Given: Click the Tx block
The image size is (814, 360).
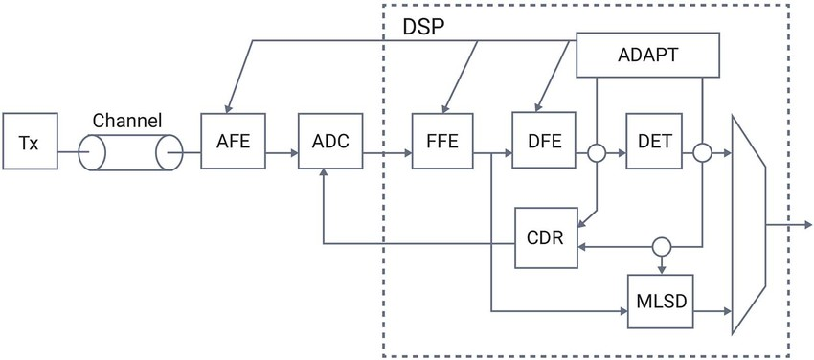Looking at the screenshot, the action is click(30, 141).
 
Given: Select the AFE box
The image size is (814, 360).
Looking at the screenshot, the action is click(233, 141).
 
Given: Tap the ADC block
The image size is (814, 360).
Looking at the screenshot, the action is click(330, 141).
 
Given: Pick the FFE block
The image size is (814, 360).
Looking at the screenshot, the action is click(442, 141).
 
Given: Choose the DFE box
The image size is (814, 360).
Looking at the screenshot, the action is click(544, 140).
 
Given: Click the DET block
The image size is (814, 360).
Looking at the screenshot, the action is click(656, 140).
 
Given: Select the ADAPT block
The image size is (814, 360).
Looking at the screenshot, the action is click(648, 55).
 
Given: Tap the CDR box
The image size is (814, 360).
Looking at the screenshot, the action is click(546, 237).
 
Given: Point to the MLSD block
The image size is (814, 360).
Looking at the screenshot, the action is click(662, 302).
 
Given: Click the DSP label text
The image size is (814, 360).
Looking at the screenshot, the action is click(424, 27).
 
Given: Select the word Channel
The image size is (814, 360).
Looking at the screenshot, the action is click(127, 121).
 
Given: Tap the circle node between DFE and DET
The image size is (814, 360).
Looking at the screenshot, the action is click(597, 153).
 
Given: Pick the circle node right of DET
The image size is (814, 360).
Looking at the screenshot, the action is click(702, 153).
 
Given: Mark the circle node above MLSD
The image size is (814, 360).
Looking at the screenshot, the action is click(662, 246).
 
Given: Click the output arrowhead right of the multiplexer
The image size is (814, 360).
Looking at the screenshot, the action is click(807, 225).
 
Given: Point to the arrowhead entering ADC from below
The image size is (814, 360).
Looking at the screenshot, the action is click(324, 172).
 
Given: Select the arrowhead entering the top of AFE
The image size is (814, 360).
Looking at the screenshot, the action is click(226, 108).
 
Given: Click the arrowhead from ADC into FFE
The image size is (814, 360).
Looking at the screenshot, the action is click(408, 153).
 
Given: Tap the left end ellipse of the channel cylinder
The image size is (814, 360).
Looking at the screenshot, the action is click(92, 153).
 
